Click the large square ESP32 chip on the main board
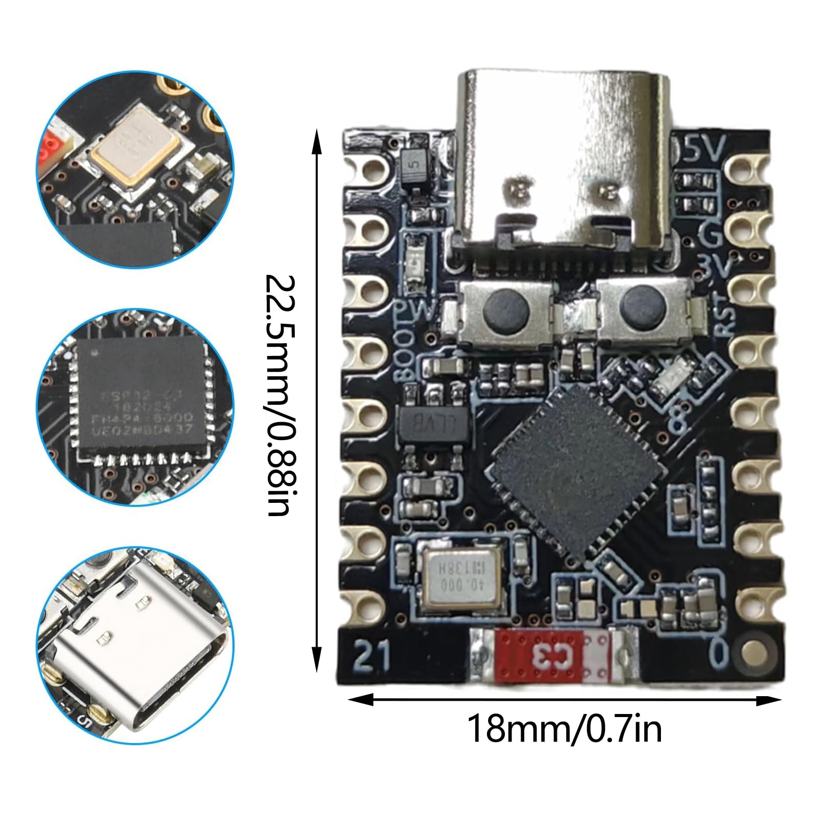[x=573, y=472]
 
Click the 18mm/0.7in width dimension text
[x=564, y=730]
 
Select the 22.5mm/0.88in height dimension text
[x=280, y=395]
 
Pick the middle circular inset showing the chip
[x=136, y=407]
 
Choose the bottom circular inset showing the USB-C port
[x=136, y=647]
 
